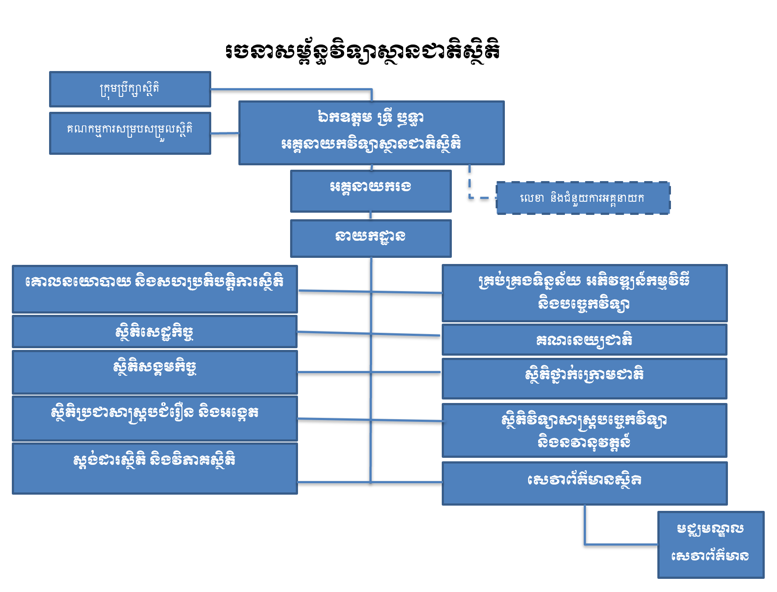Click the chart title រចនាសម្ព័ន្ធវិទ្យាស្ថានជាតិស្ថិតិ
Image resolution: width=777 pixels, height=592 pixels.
tap(363, 51)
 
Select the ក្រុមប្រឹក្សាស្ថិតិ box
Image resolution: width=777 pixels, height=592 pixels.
tap(130, 89)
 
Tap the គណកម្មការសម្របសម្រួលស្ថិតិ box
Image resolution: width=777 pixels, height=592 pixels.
tap(130, 133)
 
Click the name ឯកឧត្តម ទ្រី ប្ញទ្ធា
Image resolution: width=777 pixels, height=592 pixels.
tap(371, 118)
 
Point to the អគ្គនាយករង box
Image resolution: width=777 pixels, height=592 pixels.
tap(371, 191)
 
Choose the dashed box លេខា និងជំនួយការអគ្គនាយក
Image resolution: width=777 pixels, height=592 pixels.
tap(583, 198)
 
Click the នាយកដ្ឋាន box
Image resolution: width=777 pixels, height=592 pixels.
tap(371, 238)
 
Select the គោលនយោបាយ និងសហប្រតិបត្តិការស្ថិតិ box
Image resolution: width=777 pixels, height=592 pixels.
tap(155, 289)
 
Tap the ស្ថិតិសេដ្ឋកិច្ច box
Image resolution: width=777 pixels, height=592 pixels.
tap(155, 332)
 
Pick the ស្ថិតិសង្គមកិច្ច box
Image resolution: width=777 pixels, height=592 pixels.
tap(155, 372)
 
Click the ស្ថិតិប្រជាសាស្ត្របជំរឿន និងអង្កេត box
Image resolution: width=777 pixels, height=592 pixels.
tap(155, 418)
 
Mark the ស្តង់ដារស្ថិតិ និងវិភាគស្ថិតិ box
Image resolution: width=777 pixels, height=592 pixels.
tap(155, 468)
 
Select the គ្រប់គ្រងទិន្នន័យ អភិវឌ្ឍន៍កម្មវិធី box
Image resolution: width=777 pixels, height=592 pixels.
tap(585, 293)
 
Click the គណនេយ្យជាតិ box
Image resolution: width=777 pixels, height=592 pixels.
tap(585, 339)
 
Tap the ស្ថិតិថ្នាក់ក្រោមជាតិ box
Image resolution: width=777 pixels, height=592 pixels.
tap(585, 378)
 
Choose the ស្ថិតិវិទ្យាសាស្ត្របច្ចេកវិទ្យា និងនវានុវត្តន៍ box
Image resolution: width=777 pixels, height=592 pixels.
tap(585, 430)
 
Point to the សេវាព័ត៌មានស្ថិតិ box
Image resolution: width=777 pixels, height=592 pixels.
tap(585, 483)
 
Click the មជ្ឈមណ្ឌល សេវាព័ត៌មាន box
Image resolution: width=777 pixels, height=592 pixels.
tap(710, 544)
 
